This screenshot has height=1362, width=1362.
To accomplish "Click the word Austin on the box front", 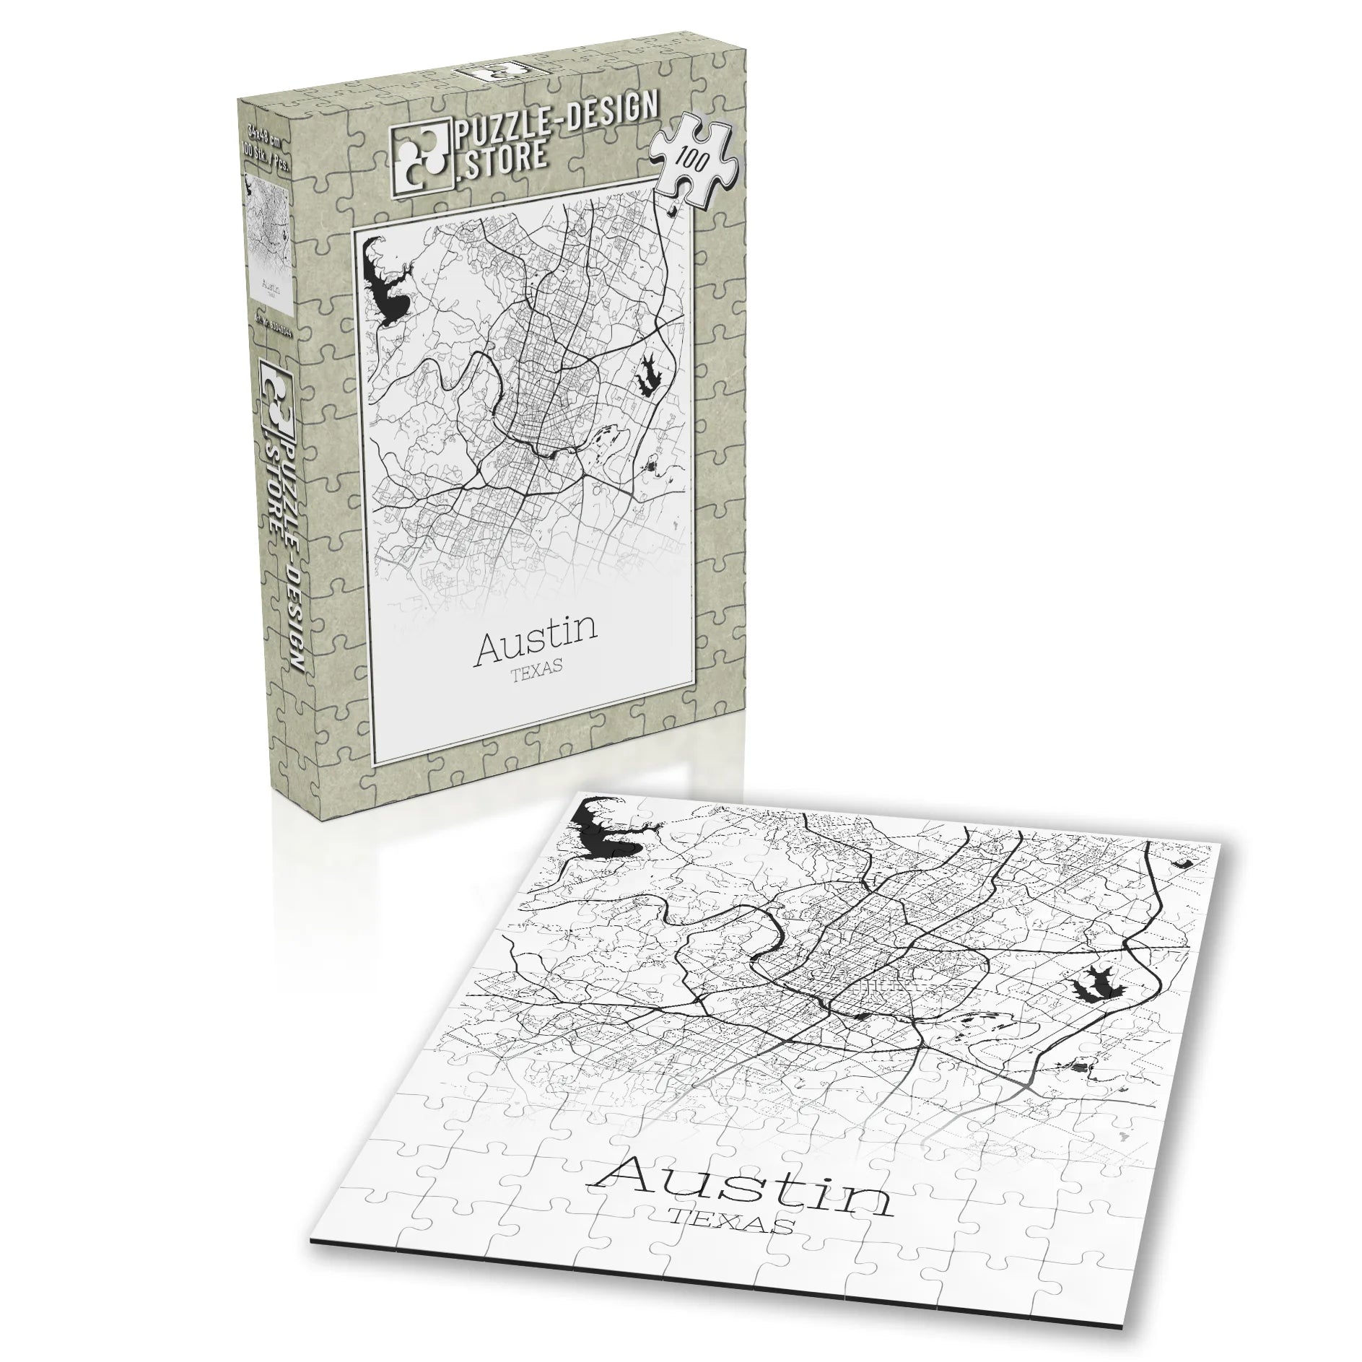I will click(535, 632).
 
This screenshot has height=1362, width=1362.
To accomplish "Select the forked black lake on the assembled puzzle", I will click(1094, 982).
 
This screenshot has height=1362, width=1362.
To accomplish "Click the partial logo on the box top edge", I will click(491, 69).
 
